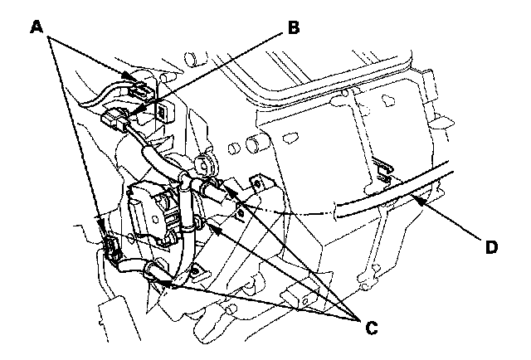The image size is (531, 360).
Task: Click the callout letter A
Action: (x=36, y=27)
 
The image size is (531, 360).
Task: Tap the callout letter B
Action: (x=292, y=27)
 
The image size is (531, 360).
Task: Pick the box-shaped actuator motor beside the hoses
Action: (x=149, y=212)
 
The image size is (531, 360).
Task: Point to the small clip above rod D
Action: (x=381, y=169)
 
